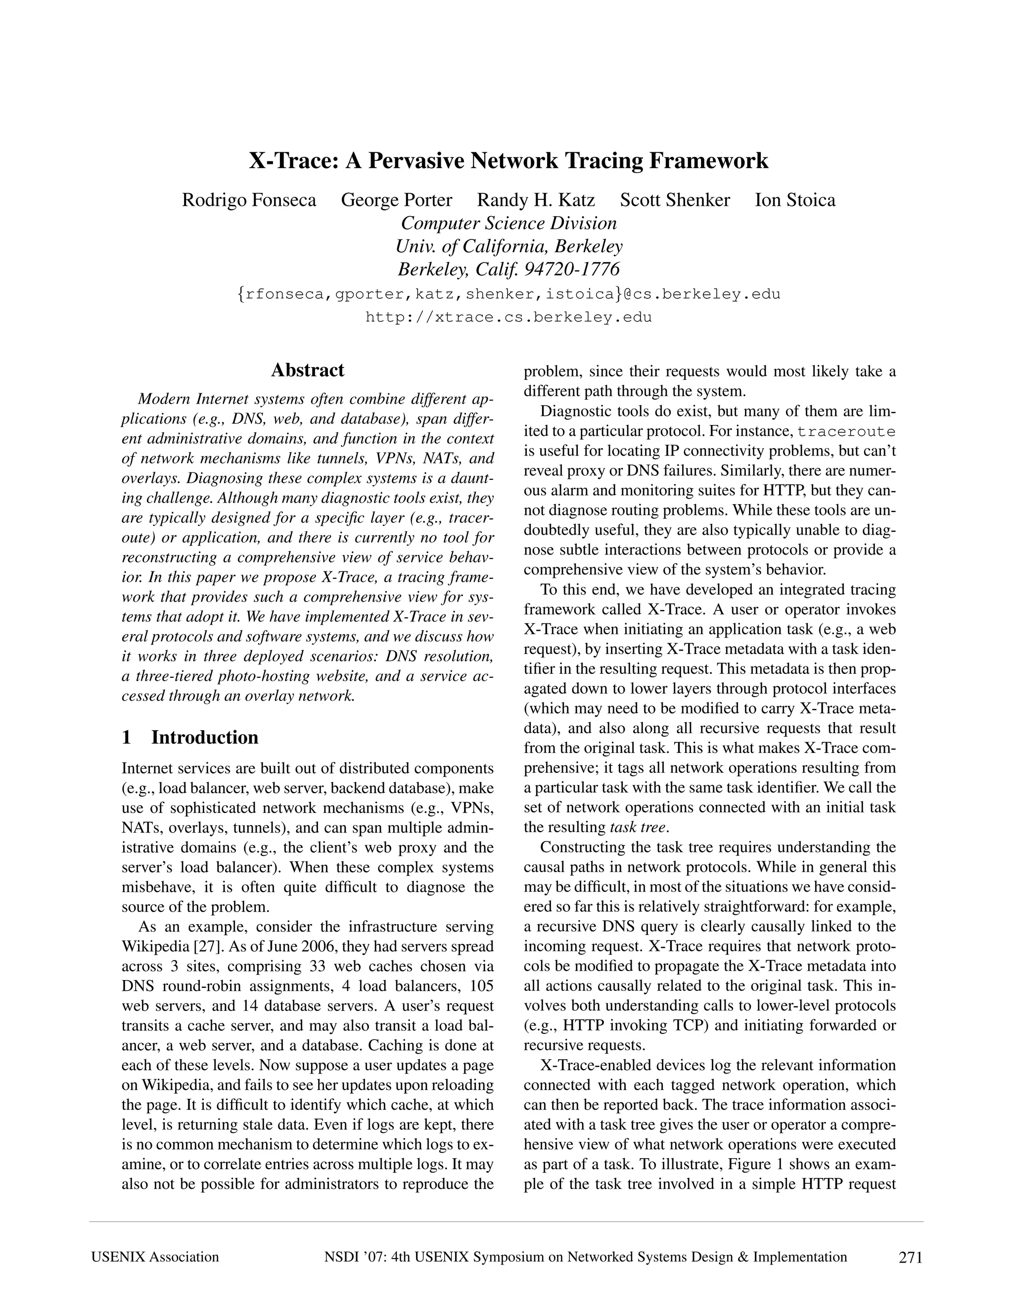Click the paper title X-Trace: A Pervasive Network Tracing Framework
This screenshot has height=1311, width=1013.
[508, 161]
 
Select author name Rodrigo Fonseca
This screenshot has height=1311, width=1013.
[249, 200]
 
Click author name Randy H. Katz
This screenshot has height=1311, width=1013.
[535, 200]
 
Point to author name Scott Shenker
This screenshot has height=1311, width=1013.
[675, 200]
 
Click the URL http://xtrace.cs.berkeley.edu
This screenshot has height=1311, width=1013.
[508, 318]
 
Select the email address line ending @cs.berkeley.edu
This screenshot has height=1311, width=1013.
[508, 294]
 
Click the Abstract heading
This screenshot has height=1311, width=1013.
[307, 370]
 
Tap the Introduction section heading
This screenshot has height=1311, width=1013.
[205, 737]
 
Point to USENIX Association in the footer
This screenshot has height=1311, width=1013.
[155, 1257]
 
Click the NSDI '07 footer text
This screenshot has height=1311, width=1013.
[585, 1257]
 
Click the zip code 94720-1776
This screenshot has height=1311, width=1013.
[572, 270]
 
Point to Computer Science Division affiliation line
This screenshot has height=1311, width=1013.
[508, 223]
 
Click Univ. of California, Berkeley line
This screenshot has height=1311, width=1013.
[508, 246]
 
